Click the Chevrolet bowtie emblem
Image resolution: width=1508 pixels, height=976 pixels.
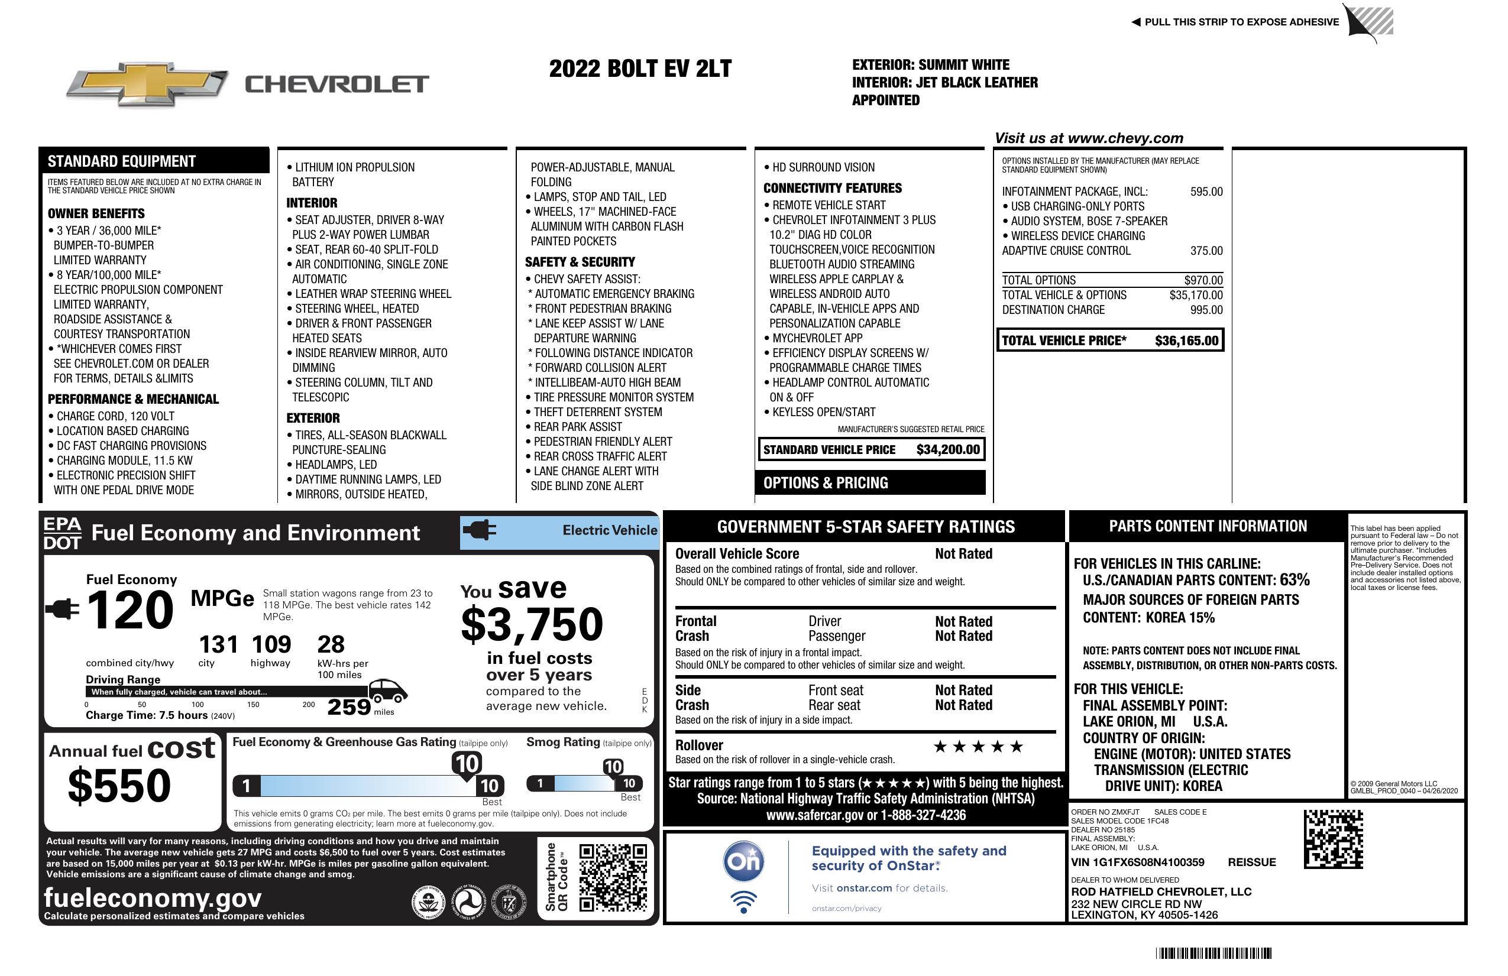point(147,83)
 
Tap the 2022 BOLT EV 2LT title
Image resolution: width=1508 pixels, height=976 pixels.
point(640,69)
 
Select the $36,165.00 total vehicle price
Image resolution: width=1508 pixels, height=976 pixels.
point(1186,341)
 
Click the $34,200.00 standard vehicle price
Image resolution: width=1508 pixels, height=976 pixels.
point(948,450)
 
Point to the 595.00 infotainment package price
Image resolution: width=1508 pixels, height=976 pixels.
point(1206,192)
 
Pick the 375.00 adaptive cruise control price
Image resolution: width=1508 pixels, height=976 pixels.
point(1206,251)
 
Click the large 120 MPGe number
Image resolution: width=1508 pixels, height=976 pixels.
point(130,610)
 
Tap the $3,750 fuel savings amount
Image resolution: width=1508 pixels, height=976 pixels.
point(532,624)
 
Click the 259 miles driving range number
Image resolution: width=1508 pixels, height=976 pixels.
point(348,706)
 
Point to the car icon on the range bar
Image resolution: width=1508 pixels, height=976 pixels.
point(388,690)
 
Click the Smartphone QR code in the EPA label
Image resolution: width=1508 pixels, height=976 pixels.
point(613,877)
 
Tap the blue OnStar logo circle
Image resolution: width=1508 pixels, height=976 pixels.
point(744,861)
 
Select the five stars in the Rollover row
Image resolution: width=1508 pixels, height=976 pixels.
point(978,747)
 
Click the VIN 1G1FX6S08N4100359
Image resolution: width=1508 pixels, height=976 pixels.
point(1137,862)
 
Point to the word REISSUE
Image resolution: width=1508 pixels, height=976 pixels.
point(1252,862)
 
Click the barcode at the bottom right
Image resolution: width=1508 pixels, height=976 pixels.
point(1213,953)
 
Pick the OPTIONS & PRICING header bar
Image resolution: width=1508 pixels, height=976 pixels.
point(870,482)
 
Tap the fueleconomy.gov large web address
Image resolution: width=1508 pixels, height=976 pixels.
point(153,897)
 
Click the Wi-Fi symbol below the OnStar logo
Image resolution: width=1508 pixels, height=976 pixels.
point(744,902)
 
